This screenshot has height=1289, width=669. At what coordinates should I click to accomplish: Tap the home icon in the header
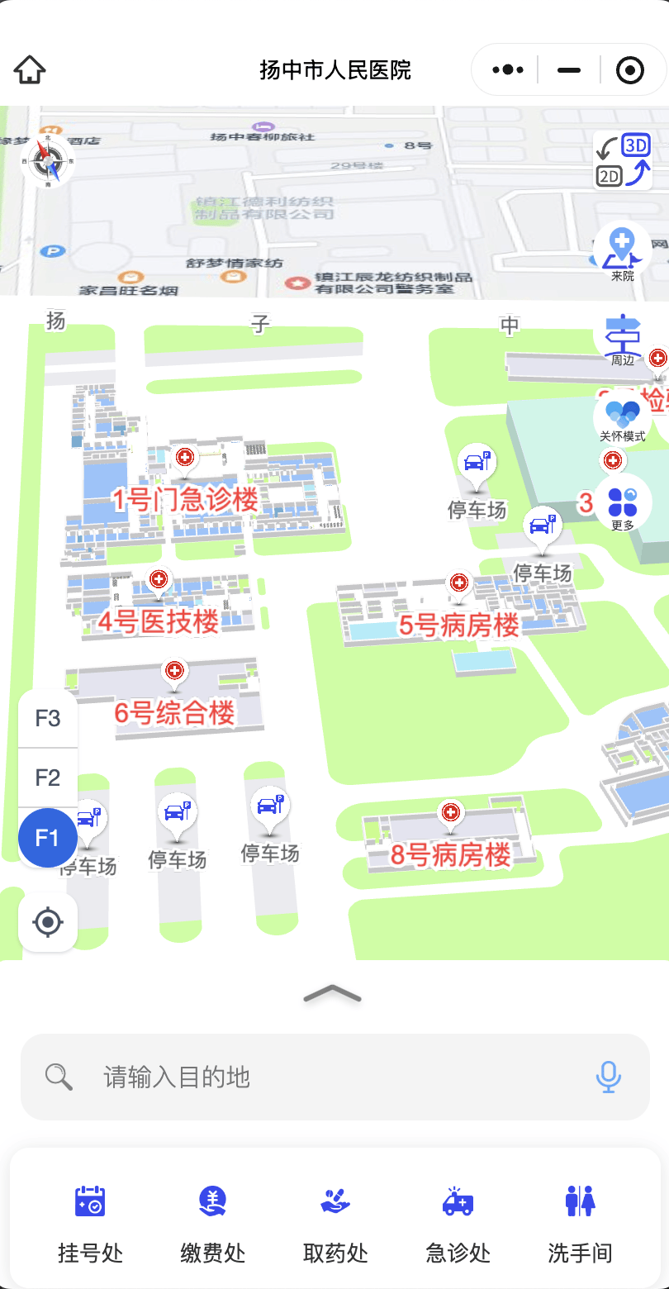click(30, 70)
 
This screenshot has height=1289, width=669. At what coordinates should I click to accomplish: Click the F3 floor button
click(48, 718)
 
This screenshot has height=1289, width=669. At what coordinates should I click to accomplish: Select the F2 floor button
click(48, 778)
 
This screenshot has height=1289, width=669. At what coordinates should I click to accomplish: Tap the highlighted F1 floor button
click(48, 838)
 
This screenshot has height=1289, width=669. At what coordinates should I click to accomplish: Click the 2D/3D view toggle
click(623, 161)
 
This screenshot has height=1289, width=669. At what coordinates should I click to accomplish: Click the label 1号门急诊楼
click(185, 500)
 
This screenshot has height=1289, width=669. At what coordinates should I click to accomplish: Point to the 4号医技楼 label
click(159, 621)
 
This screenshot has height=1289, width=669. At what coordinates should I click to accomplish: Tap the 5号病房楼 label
click(459, 625)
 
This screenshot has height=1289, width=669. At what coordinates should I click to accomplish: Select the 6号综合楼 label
click(175, 713)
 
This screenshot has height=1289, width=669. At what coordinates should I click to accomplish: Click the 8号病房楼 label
click(451, 854)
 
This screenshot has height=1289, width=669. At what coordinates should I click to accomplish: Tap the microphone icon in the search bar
click(609, 1077)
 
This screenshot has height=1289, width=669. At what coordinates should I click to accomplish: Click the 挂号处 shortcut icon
click(90, 1201)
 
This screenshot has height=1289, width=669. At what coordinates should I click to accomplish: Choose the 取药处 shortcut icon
click(335, 1201)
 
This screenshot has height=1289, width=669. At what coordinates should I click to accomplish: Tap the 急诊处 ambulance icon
click(458, 1201)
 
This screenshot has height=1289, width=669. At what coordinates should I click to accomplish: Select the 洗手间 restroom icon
click(581, 1201)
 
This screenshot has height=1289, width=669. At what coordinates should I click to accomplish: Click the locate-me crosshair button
click(48, 921)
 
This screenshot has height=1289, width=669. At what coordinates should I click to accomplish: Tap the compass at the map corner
click(46, 160)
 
